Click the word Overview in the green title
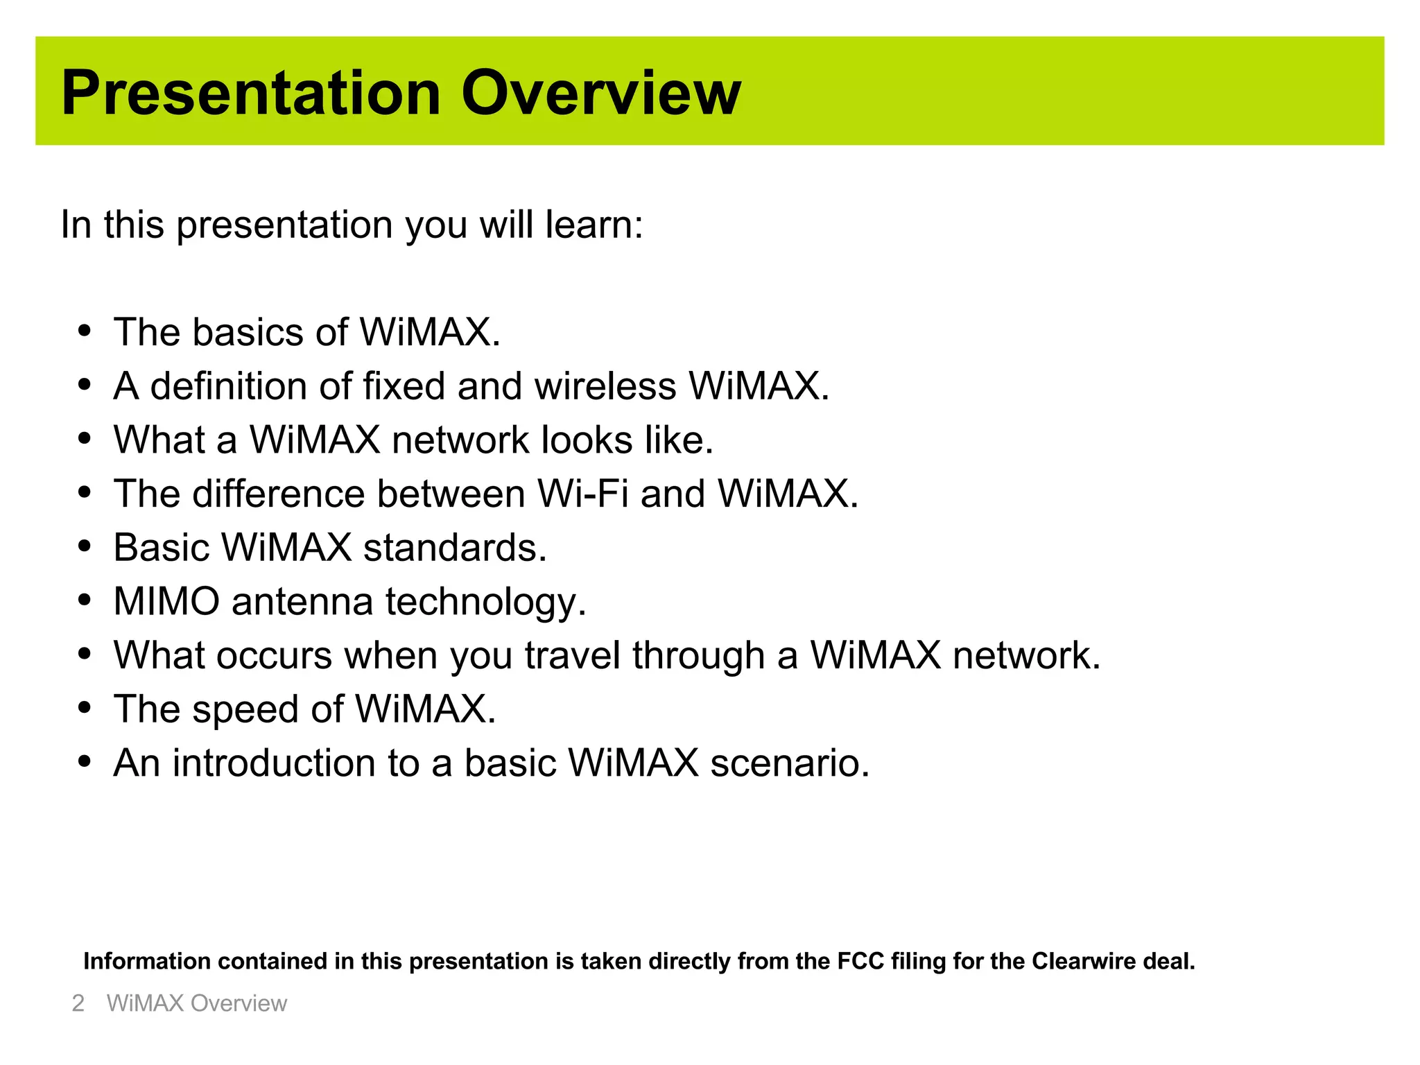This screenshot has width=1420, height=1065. [600, 93]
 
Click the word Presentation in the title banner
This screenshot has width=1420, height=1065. [251, 93]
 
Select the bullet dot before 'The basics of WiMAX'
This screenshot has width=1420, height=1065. [85, 331]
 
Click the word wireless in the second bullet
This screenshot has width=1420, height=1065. [605, 386]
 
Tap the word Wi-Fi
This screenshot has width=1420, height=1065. [582, 494]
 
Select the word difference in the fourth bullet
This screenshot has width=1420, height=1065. [278, 494]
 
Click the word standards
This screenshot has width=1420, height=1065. [455, 548]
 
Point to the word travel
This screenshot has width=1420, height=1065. [572, 655]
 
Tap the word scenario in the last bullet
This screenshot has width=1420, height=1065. [789, 763]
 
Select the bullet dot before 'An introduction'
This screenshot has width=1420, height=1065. [85, 762]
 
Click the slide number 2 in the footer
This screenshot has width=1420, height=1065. [78, 1003]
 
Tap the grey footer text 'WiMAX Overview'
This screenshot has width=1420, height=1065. [196, 1003]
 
